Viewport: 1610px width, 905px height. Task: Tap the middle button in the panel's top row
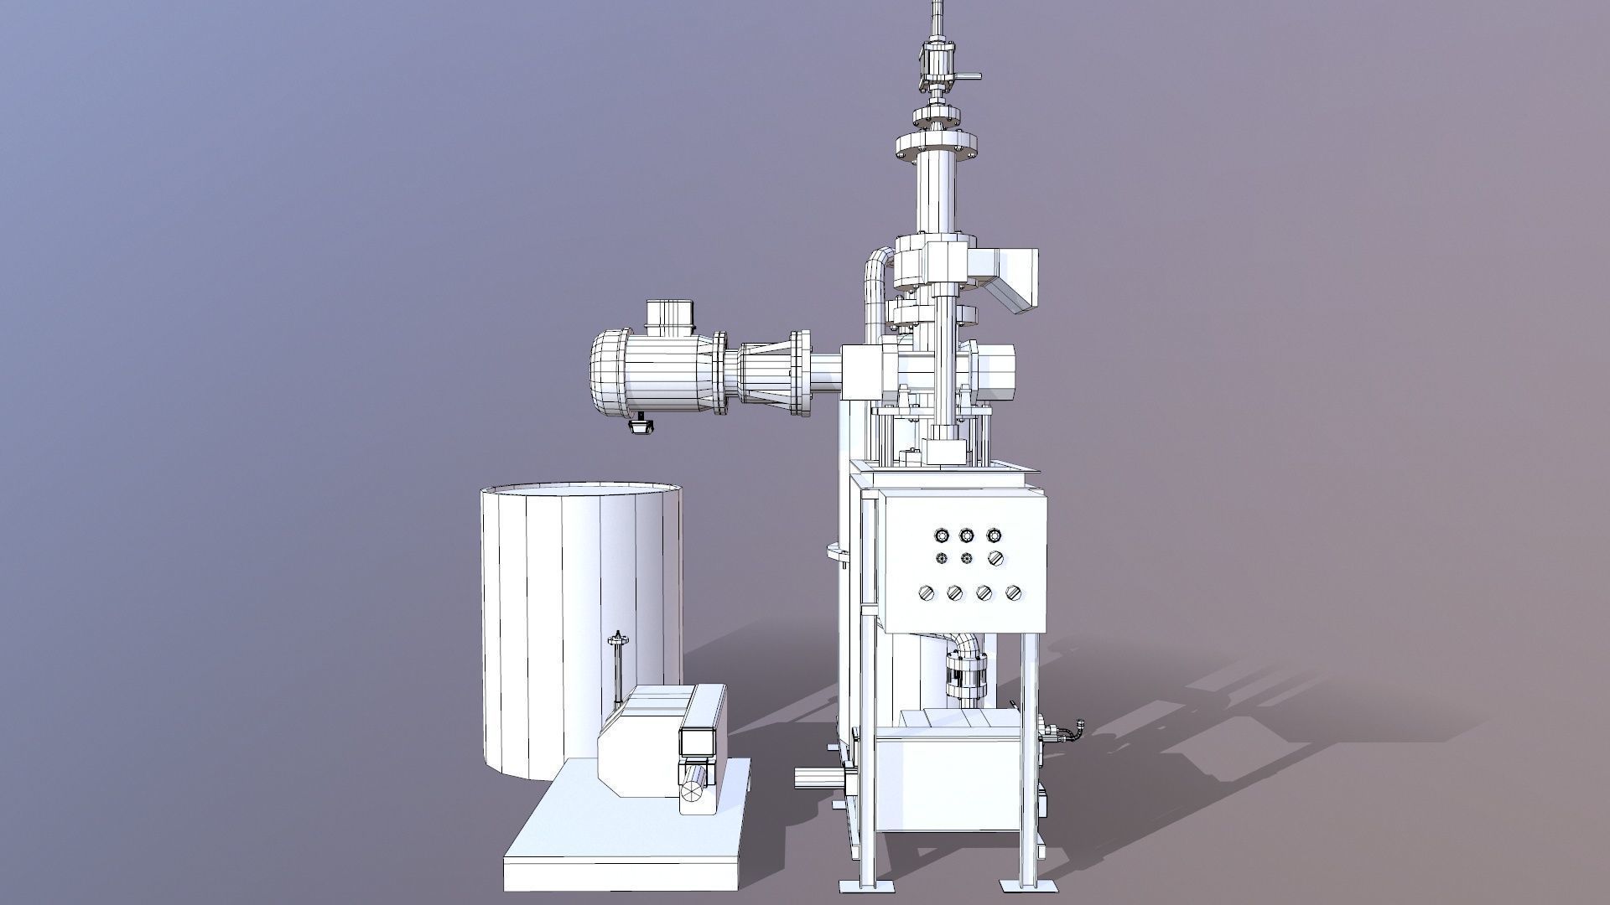pyautogui.click(x=967, y=535)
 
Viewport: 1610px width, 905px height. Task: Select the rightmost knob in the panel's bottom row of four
pyautogui.click(x=1013, y=593)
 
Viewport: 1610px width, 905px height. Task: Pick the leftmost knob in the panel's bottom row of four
pyautogui.click(x=927, y=593)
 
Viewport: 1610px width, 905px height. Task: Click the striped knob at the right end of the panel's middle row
pyautogui.click(x=995, y=558)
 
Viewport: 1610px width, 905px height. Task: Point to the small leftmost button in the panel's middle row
pyautogui.click(x=940, y=558)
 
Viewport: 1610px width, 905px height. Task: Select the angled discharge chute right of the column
pyautogui.click(x=1015, y=281)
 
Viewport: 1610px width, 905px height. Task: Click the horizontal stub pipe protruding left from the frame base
pyautogui.click(x=812, y=778)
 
